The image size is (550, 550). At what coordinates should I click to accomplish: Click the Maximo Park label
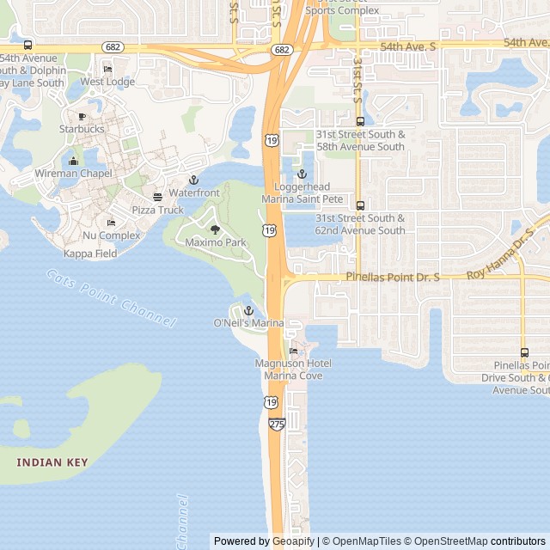click(x=216, y=242)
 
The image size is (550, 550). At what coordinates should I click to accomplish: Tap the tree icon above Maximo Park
click(x=215, y=229)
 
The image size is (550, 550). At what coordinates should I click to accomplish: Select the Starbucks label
click(x=82, y=129)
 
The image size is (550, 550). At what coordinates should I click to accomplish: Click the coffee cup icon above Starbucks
click(x=82, y=117)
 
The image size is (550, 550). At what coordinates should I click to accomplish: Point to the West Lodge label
click(x=107, y=82)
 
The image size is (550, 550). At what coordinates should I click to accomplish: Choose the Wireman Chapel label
click(x=73, y=173)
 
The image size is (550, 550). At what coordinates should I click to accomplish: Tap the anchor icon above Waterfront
click(x=194, y=180)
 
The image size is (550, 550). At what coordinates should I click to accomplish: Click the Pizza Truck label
click(x=157, y=210)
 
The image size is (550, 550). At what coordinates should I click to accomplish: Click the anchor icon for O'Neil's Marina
click(x=248, y=310)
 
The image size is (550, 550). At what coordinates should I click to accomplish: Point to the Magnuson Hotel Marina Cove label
click(x=294, y=370)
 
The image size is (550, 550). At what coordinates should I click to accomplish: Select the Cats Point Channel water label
click(x=111, y=296)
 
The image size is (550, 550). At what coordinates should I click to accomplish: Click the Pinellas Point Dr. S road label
click(x=393, y=278)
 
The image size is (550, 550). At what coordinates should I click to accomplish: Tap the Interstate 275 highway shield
click(x=277, y=424)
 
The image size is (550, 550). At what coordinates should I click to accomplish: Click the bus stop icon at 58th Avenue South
click(x=360, y=121)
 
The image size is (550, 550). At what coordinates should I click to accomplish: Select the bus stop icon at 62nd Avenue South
click(x=360, y=205)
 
